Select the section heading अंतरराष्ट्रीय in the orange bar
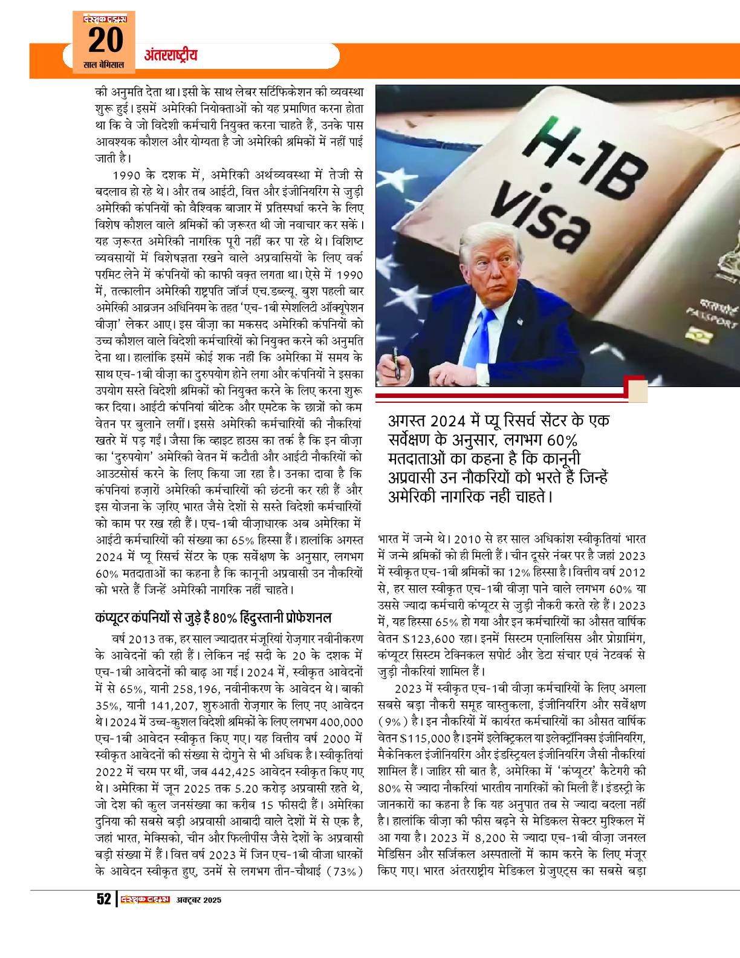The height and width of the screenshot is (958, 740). click(x=171, y=56)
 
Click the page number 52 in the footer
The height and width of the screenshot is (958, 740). click(x=103, y=899)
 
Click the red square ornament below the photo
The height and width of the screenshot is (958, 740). click(x=638, y=391)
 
